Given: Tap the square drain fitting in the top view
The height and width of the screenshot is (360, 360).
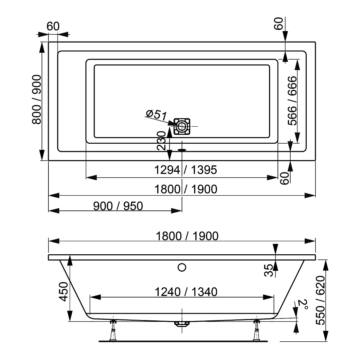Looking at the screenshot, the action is pyautogui.click(x=182, y=126).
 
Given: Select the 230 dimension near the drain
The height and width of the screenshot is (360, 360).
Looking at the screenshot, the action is pyautogui.click(x=161, y=141).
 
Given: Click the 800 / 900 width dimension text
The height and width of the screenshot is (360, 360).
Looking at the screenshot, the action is pyautogui.click(x=37, y=99).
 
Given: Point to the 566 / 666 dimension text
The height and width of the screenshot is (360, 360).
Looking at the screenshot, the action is pyautogui.click(x=292, y=100).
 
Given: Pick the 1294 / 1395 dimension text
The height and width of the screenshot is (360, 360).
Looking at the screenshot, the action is pyautogui.click(x=186, y=170).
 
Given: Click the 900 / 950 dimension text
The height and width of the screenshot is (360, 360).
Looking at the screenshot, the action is pyautogui.click(x=118, y=206).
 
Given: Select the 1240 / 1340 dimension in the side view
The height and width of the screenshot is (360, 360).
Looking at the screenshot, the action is pyautogui.click(x=186, y=292).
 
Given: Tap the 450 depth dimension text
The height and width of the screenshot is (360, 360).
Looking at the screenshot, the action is pyautogui.click(x=63, y=292).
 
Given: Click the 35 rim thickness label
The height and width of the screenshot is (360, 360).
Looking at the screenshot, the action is pyautogui.click(x=269, y=270).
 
